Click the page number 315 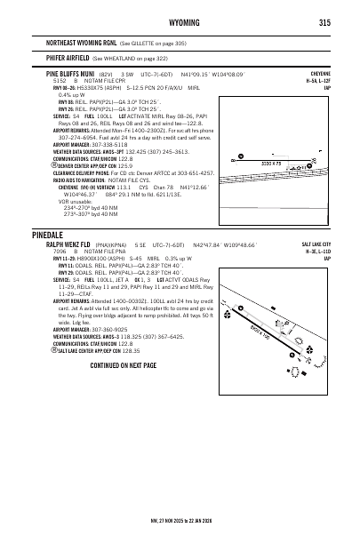[324, 23]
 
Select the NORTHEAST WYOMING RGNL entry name [86, 43]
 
